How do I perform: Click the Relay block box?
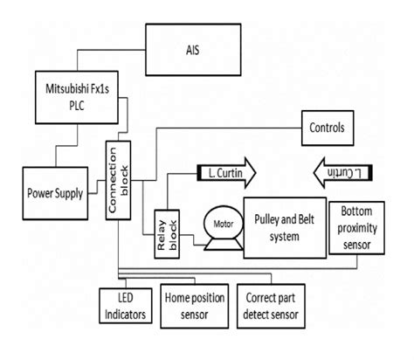click(164, 233)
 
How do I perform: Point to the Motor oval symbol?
click(218, 221)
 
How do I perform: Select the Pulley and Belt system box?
click(281, 225)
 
